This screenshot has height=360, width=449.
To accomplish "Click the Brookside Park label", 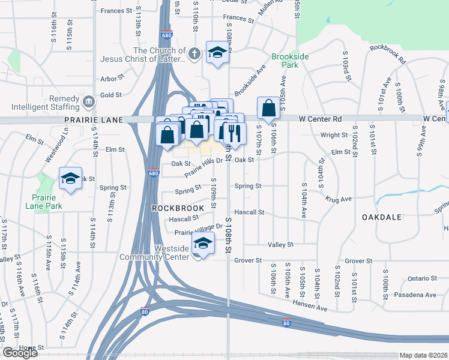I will [290, 61].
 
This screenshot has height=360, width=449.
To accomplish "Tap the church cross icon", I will [193, 54].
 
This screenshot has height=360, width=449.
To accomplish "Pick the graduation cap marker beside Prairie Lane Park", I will [70, 178].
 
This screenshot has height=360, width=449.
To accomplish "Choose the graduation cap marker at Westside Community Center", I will [203, 243].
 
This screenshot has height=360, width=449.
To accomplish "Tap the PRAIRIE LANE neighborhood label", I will [93, 120].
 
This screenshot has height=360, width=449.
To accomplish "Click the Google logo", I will [20, 353].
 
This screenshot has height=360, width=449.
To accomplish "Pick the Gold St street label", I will [111, 95].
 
